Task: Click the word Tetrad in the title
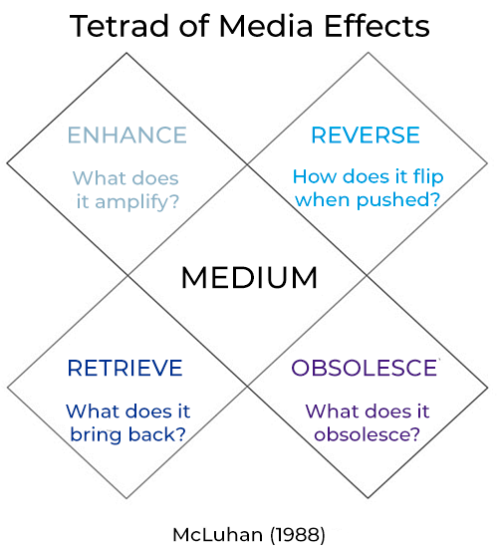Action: [x=119, y=26]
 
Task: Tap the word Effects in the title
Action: [x=376, y=26]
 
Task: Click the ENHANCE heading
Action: [x=127, y=136]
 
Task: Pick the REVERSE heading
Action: [x=366, y=136]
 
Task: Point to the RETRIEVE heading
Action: [x=124, y=369]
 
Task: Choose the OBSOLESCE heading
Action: [x=365, y=369]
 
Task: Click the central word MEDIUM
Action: [x=249, y=278]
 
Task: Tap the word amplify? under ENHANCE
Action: [x=137, y=202]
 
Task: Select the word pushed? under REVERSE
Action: [x=398, y=200]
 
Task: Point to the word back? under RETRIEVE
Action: [x=157, y=434]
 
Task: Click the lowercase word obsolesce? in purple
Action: [x=368, y=434]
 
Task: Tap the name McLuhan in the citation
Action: [x=217, y=535]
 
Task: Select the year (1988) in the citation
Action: [x=298, y=535]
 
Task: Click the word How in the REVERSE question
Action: [x=316, y=176]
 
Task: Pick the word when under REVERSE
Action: [x=323, y=200]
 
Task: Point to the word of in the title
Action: [x=194, y=26]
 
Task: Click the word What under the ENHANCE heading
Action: [x=99, y=178]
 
